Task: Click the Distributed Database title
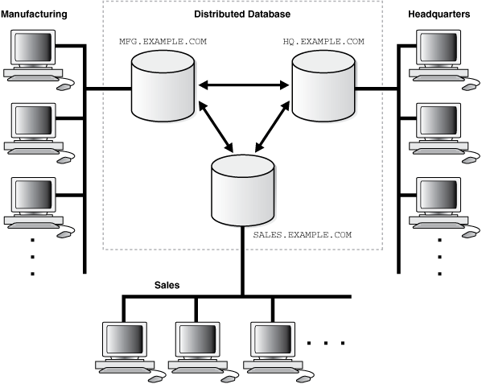coord(241,14)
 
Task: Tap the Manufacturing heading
coord(35,14)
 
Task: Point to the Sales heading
coord(167,286)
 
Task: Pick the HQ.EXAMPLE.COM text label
coord(323,41)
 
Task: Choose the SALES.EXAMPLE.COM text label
coord(303,235)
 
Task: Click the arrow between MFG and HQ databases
coord(243,85)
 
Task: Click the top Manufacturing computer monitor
coord(32,51)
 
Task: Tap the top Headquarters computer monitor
coord(438,51)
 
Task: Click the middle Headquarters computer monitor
coord(438,124)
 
